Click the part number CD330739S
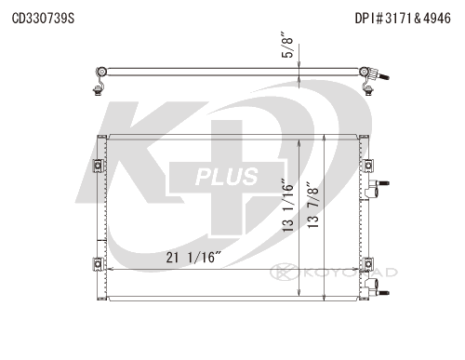coord(43,19)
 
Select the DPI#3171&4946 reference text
coord(403,19)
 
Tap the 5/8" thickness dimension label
coord(287,45)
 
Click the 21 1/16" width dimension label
coord(193,258)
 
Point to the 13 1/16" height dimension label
coord(287,205)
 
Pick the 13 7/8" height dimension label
coord(312,205)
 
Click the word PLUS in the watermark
coord(227,177)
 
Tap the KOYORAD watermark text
coord(351,273)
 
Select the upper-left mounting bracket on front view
coord(99,166)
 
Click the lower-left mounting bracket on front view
coord(99,264)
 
